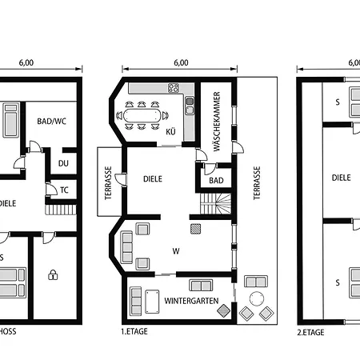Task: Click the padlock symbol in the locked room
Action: [x=53, y=274]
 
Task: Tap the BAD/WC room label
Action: [x=51, y=122]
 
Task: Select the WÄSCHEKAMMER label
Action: [x=217, y=122]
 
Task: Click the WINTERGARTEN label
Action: [x=191, y=301]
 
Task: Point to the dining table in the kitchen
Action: [x=142, y=116]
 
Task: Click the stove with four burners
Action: [x=174, y=88]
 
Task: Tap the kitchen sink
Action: [x=190, y=106]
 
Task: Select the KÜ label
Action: [x=170, y=132]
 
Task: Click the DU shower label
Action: [x=63, y=163]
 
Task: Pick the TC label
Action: [x=64, y=190]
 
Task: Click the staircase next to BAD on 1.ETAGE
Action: [x=215, y=204]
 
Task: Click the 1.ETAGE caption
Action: [x=134, y=331]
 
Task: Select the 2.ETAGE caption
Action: [x=310, y=333]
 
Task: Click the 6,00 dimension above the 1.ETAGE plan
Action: [x=181, y=62]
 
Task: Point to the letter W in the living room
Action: [x=176, y=251]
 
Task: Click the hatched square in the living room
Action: [x=196, y=229]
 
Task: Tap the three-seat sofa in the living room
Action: [x=126, y=247]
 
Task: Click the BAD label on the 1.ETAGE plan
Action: [x=216, y=181]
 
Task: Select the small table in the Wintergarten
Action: [x=152, y=302]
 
